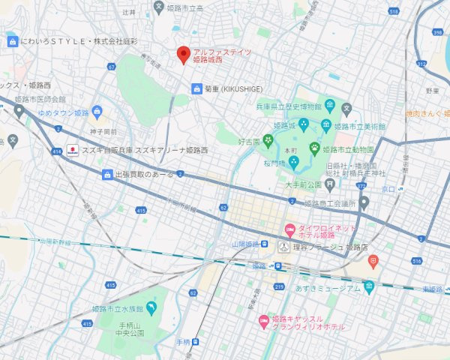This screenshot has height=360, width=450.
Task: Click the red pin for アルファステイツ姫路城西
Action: pos(182,55)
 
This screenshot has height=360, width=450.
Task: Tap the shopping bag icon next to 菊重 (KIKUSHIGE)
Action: pos(196,88)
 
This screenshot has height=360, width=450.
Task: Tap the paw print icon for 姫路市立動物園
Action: pos(314,148)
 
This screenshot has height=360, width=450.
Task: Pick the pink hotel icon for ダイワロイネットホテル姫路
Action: pos(288,228)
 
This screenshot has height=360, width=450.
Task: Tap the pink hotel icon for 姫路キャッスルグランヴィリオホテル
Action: pos(263,321)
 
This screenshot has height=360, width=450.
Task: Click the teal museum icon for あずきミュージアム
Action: pos(368,286)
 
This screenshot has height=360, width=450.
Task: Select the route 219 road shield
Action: pos(279,286)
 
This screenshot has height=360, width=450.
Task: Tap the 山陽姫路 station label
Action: pos(244,244)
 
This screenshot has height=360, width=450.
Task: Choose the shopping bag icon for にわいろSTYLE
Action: pos(12,41)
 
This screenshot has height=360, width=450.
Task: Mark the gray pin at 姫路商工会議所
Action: pos(364,202)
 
